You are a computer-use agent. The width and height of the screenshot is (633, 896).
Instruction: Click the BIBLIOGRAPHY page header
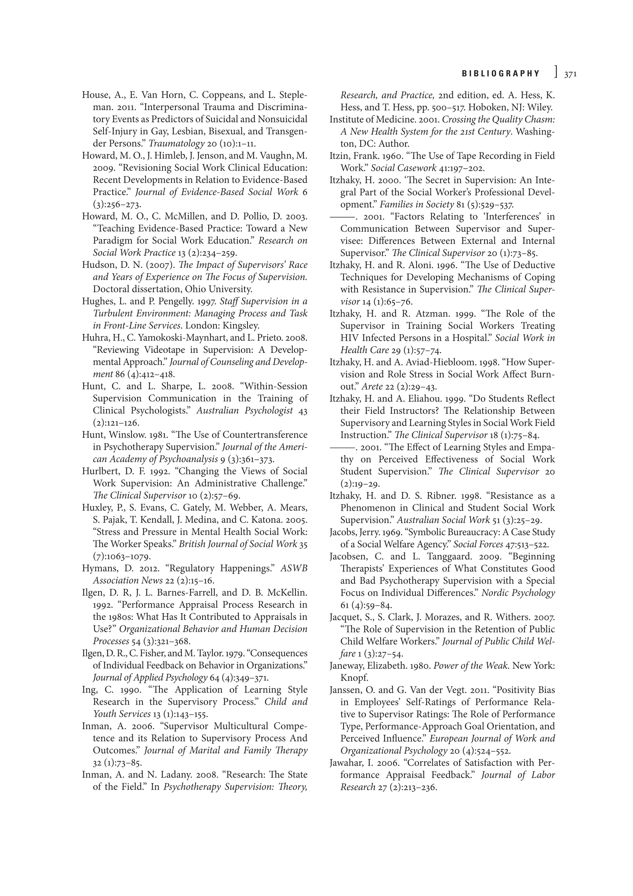click(x=501, y=73)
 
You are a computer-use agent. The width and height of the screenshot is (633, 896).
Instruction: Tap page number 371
click(x=570, y=74)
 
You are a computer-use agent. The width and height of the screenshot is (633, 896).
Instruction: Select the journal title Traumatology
click(x=176, y=144)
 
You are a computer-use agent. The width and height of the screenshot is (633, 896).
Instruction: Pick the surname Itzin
click(x=339, y=156)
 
